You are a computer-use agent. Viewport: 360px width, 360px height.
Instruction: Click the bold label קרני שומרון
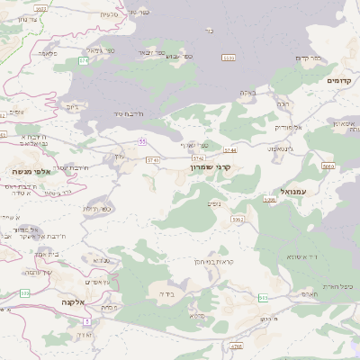pos(211,166)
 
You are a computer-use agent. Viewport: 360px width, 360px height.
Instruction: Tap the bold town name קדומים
pos(338,81)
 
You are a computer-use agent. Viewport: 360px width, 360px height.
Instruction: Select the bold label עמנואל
pos(294,192)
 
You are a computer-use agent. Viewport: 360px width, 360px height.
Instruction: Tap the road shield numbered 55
pos(142,141)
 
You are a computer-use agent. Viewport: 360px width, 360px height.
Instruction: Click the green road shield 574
pos(84,60)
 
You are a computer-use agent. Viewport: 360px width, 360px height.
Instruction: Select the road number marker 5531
pos(228,57)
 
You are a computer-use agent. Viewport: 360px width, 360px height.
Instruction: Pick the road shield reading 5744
pos(230,150)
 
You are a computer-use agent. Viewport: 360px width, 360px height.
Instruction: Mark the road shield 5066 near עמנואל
pos(270,198)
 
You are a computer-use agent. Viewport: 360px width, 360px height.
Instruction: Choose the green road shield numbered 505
pos(264,297)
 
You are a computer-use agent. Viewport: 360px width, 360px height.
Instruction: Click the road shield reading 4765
pos(237,346)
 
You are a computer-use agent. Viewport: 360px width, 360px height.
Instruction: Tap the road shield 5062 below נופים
pos(238,220)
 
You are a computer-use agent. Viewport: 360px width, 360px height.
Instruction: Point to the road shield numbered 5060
pos(328,166)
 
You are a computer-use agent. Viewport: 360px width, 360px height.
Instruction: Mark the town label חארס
pos(306,294)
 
